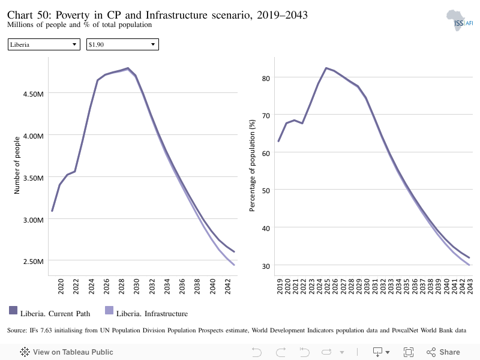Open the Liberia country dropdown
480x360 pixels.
(x=44, y=44)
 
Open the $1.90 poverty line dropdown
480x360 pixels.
(x=122, y=44)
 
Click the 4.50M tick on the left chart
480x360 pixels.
(x=34, y=94)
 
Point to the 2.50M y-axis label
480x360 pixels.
(x=34, y=262)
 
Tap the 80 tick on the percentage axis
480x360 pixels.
(x=266, y=79)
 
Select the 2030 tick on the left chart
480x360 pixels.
(x=136, y=286)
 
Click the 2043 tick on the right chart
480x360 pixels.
(x=470, y=286)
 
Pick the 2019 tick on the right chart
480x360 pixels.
(x=280, y=286)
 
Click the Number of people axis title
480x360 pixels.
(x=17, y=166)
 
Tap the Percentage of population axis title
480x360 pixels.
(x=252, y=166)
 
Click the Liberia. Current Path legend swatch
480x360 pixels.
(x=13, y=310)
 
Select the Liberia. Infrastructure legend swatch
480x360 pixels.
(x=109, y=310)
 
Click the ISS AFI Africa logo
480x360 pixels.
(x=459, y=20)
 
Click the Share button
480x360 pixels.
(x=443, y=352)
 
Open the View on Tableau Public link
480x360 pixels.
(x=67, y=352)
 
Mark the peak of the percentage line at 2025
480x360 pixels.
(x=326, y=68)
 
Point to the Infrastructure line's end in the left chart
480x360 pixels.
(x=234, y=265)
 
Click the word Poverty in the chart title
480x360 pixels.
(x=72, y=16)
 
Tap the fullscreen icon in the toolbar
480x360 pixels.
(x=409, y=352)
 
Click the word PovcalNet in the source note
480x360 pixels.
(x=404, y=331)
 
